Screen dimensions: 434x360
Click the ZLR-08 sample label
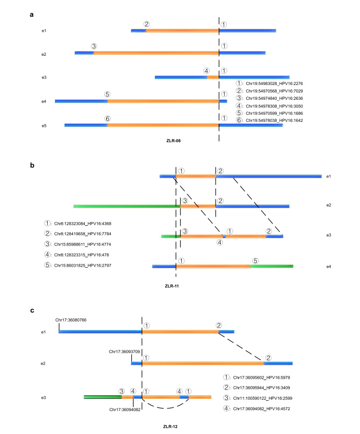pos(173,140)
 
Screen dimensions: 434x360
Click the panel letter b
pos(32,166)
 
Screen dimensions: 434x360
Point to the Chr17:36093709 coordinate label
pos(125,351)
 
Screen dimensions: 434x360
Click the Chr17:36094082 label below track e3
pos(125,409)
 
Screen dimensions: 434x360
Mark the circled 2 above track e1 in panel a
pos(147,24)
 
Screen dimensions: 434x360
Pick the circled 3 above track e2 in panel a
pos(94,46)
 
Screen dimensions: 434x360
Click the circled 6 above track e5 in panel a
pos(107,118)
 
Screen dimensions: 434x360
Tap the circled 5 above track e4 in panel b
pos(255,260)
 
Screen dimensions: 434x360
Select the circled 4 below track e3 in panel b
pos(219,242)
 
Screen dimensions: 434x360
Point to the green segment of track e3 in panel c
pos(103,397)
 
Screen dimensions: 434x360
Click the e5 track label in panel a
pos(44,125)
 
